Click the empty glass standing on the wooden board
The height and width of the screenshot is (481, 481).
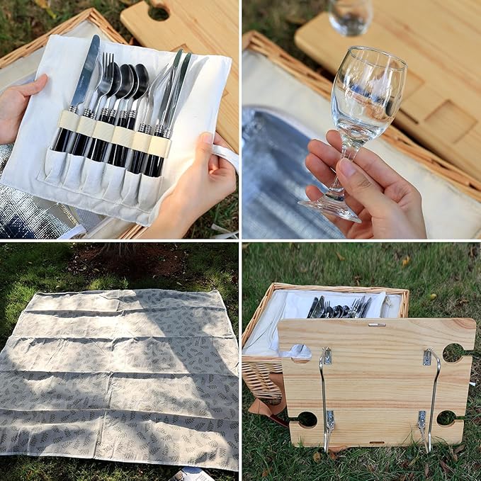(349, 16)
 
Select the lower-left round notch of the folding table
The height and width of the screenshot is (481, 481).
(306, 419)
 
